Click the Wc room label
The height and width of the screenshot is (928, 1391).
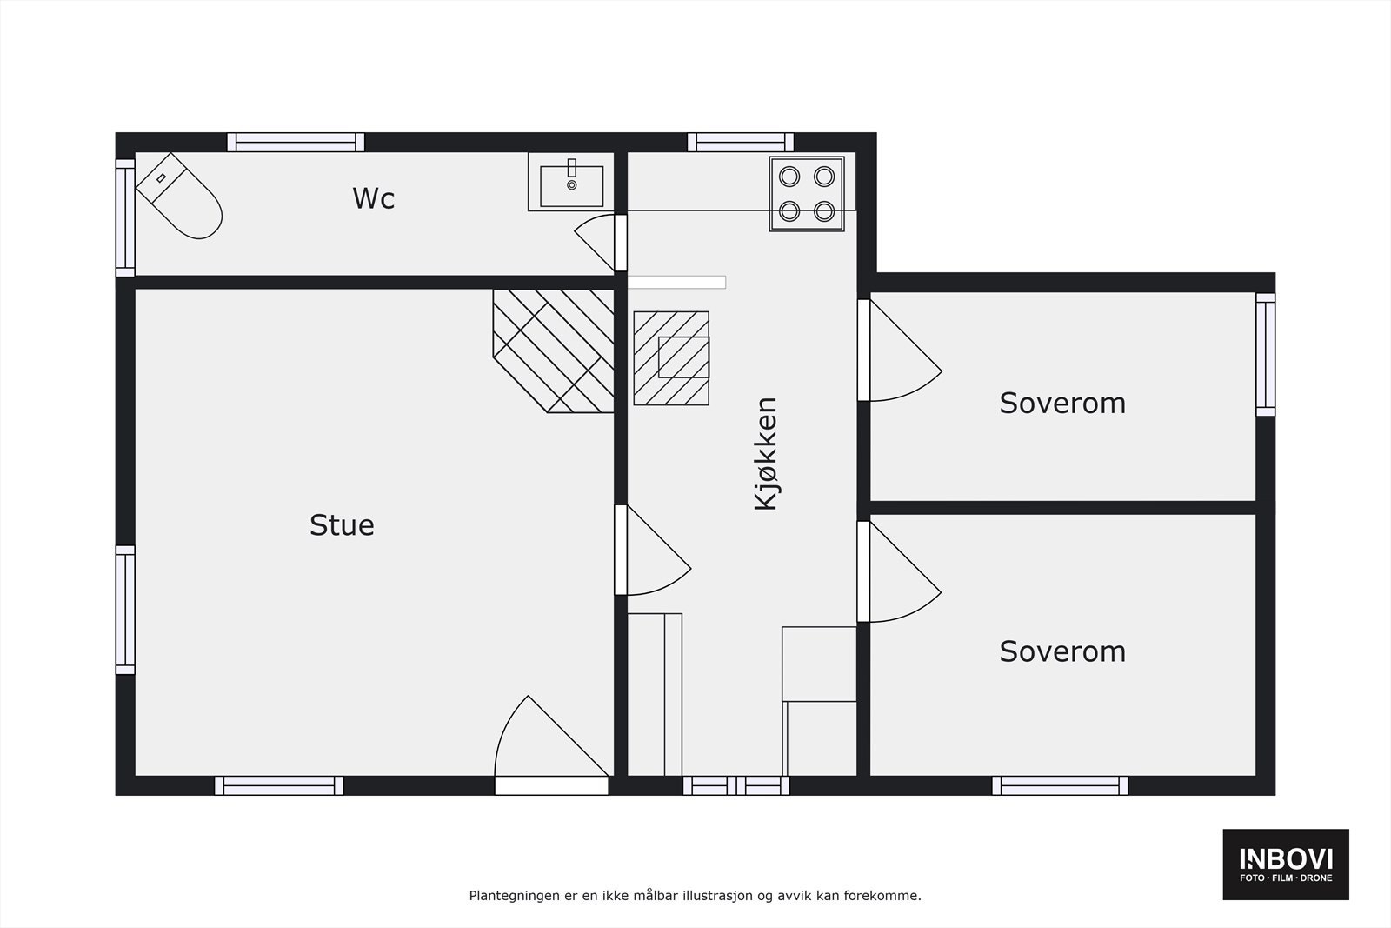point(374,198)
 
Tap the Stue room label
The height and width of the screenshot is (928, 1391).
point(342,525)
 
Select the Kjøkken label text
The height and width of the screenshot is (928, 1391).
point(765,454)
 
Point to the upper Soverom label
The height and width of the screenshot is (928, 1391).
point(1062,404)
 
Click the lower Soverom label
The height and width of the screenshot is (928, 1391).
point(1062,651)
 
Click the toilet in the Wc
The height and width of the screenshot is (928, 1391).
point(179,196)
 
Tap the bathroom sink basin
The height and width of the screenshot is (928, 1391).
point(571,184)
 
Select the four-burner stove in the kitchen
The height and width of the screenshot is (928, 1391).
point(807,194)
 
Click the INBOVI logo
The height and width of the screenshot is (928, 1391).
point(1286,864)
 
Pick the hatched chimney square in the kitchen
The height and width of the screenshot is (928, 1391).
point(671,357)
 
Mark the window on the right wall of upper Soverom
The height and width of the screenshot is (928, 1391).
point(1265,354)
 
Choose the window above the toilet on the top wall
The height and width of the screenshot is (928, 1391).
point(296,143)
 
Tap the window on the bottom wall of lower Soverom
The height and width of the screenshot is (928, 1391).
point(1060,785)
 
